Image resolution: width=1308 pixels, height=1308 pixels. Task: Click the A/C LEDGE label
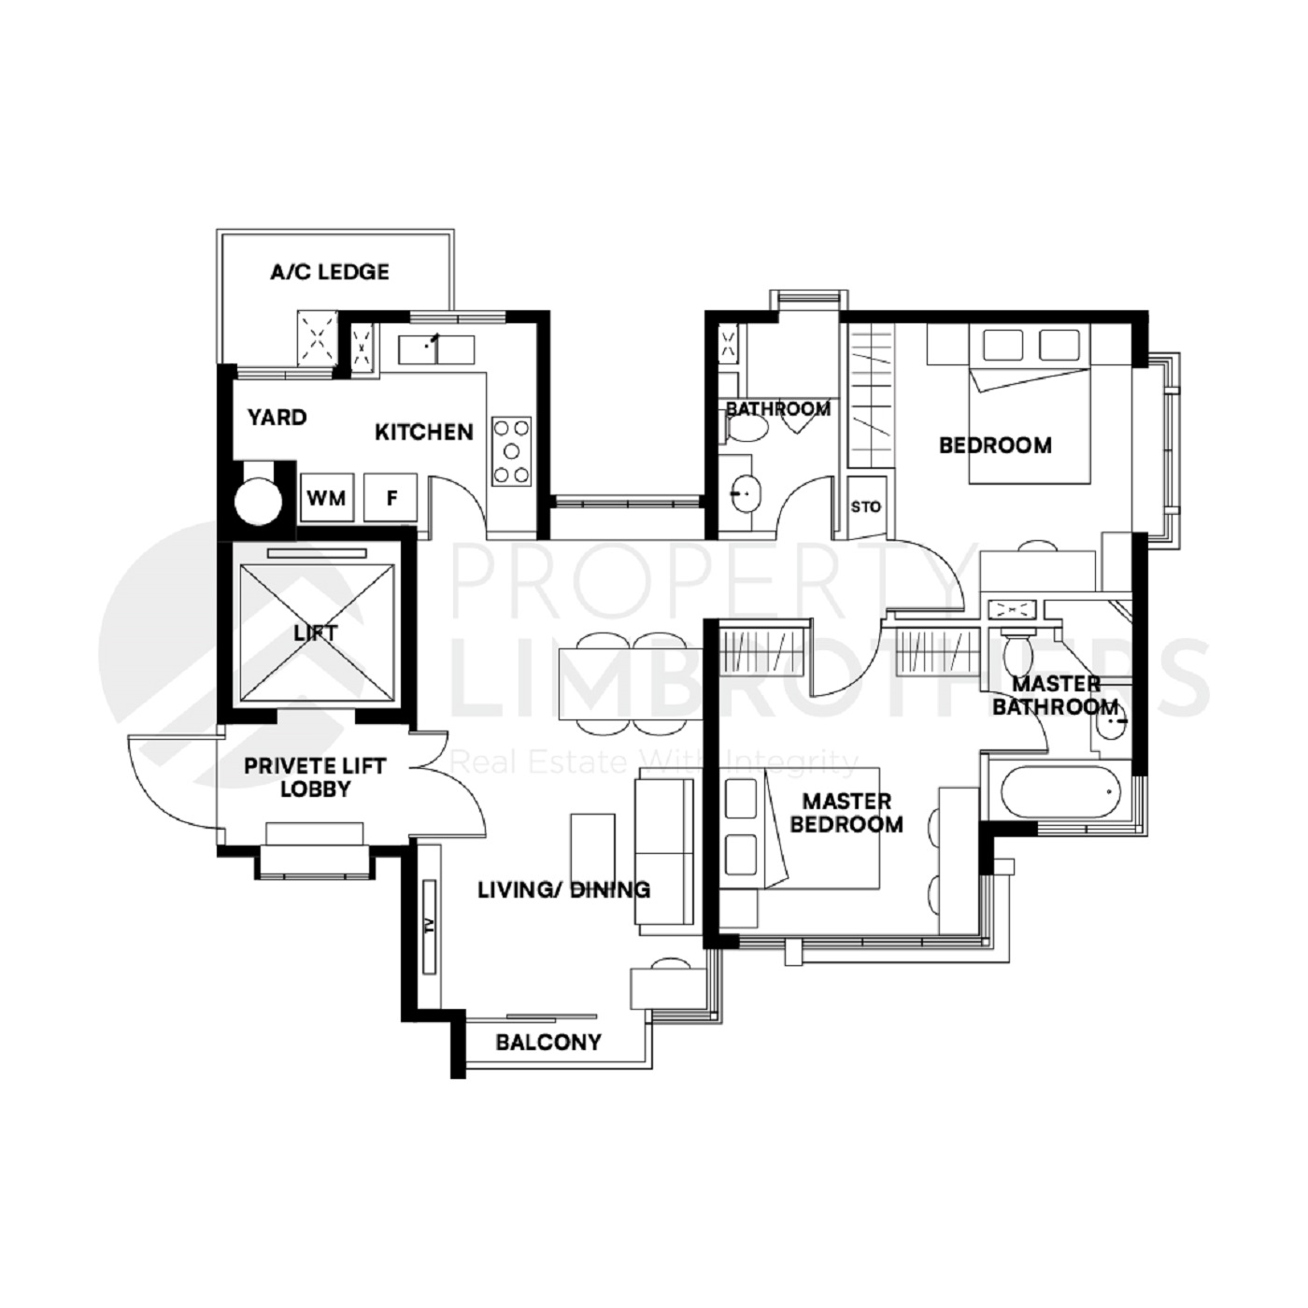(330, 272)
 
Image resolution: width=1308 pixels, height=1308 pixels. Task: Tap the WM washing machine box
(326, 498)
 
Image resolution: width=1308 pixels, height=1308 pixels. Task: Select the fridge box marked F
(391, 498)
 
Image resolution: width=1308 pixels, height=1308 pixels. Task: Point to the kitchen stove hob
(512, 451)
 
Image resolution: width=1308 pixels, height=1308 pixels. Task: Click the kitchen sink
(435, 350)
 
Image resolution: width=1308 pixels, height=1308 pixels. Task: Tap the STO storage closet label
(865, 506)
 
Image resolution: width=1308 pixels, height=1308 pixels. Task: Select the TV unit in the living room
(429, 927)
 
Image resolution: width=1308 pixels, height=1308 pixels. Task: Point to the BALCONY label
(548, 1042)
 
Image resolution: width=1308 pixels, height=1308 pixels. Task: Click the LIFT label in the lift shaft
(316, 633)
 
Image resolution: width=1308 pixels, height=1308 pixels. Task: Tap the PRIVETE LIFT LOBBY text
(315, 777)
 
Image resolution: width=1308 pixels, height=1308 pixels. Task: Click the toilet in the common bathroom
(746, 428)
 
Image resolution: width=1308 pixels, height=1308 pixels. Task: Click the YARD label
(277, 417)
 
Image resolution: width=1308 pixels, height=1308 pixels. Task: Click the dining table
(629, 684)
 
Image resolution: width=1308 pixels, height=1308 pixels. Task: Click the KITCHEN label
(424, 432)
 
